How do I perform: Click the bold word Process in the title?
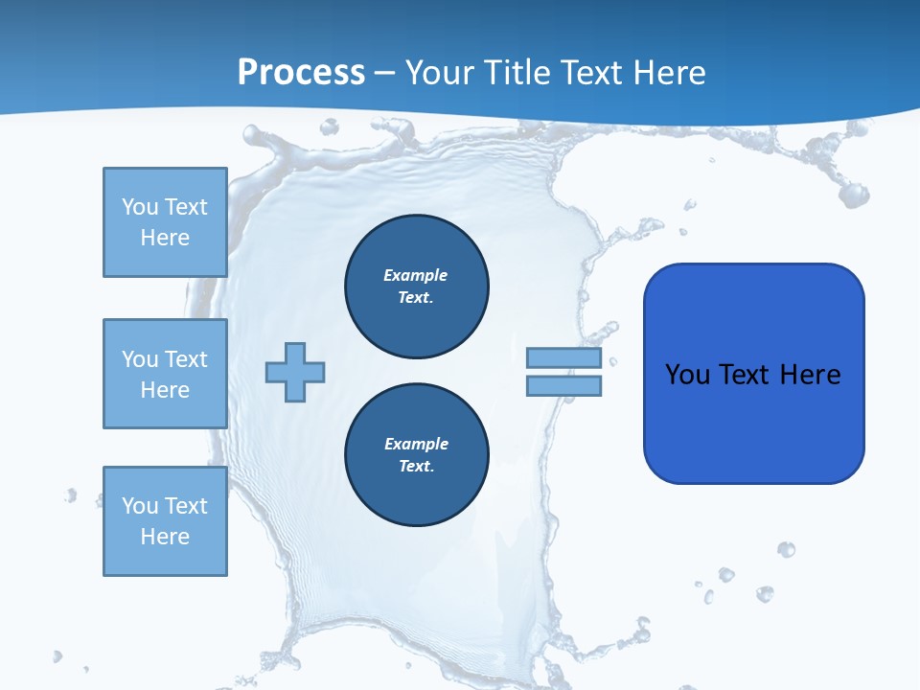coord(301,73)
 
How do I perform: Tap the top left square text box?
coord(165,222)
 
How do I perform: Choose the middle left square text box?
coord(165,374)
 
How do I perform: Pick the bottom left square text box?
coord(165,521)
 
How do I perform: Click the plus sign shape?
coord(295,372)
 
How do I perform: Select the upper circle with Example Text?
coord(417,286)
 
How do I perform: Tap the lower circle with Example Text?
coord(417,454)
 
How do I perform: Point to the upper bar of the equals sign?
coord(563,358)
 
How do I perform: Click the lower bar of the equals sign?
coord(563,385)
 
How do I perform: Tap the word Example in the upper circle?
coord(416,275)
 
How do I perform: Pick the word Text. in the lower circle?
coord(417,467)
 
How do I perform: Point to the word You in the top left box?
coord(140,207)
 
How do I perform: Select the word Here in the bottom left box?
coord(165,537)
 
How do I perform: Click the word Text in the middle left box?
coord(186,359)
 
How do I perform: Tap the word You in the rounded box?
coord(687,375)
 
